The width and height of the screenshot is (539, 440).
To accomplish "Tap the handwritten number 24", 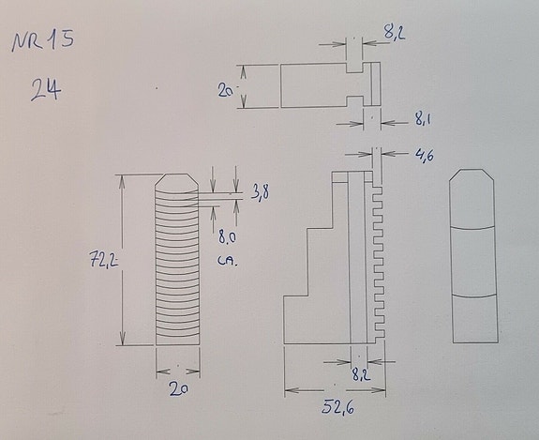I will pyautogui.click(x=45, y=91).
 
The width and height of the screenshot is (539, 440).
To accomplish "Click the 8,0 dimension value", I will pyautogui.click(x=227, y=238).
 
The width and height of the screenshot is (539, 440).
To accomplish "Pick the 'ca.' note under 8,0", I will pyautogui.click(x=227, y=261).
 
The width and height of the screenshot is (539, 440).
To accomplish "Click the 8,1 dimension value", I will pyautogui.click(x=423, y=120).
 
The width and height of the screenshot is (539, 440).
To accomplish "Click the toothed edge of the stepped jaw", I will pyautogui.click(x=381, y=253).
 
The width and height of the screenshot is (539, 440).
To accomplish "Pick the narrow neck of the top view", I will pyautogui.click(x=355, y=85).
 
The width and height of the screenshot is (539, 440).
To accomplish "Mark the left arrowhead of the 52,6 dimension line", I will pyautogui.click(x=289, y=390).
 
